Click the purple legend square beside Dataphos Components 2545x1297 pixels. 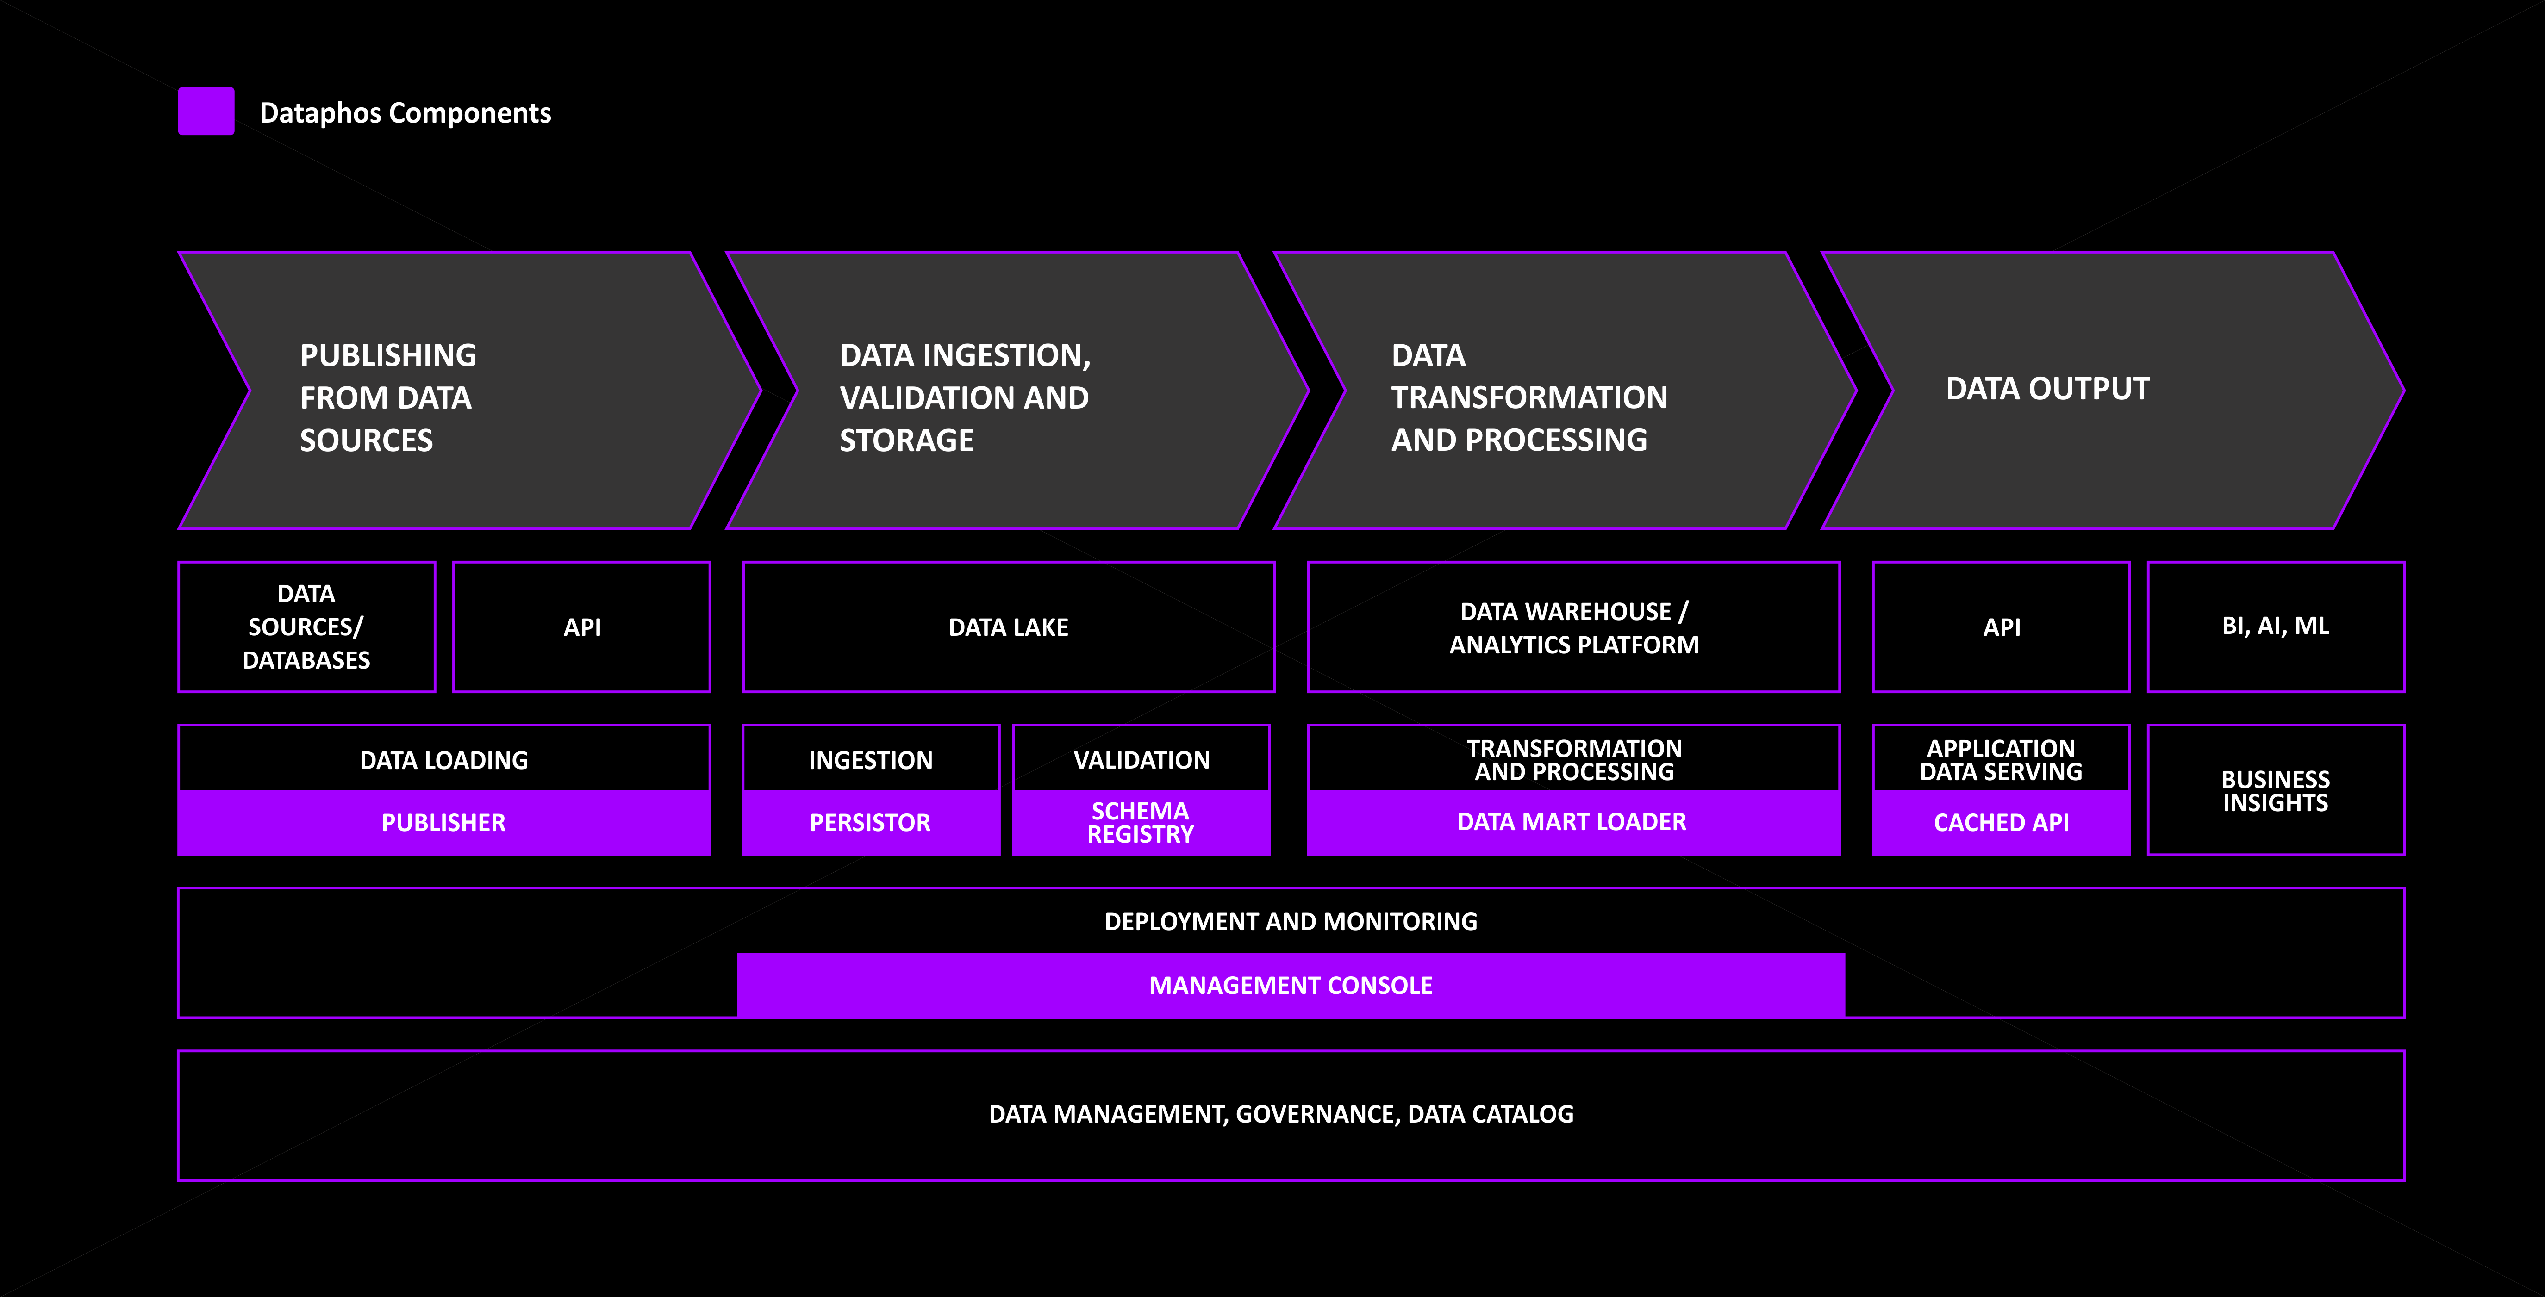tap(206, 111)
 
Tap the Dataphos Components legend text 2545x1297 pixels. tap(405, 112)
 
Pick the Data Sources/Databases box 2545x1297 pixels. tap(306, 627)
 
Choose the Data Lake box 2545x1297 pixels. tap(1009, 627)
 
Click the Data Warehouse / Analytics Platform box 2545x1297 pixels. tap(1574, 627)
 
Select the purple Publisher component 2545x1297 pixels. tap(443, 823)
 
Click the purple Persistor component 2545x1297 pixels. tap(870, 823)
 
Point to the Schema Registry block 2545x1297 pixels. tap(1141, 823)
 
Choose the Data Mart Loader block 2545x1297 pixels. tap(1574, 823)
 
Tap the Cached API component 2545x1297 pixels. tap(2002, 823)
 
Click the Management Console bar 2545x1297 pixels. tap(1290, 985)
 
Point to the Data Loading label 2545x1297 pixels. tap(443, 760)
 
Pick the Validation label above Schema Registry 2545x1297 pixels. tap(1141, 760)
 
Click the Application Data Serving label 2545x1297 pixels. tap(2002, 760)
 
